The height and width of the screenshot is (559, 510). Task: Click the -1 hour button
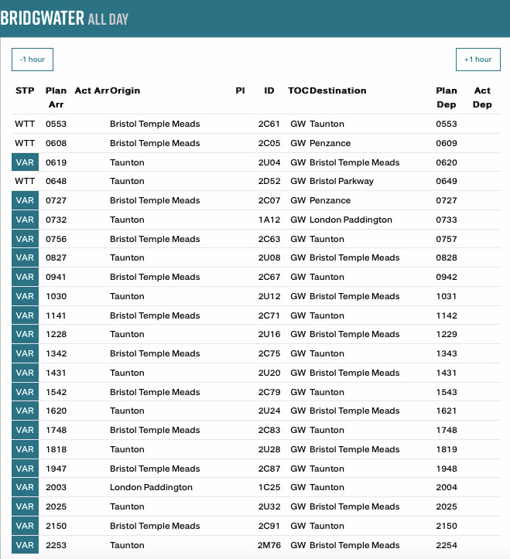[33, 60]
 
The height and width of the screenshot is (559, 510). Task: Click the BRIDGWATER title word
[42, 19]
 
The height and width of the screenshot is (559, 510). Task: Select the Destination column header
[337, 91]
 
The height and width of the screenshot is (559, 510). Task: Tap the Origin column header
[125, 91]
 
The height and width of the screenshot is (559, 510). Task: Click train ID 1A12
[269, 220]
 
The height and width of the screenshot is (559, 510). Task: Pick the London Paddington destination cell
[351, 220]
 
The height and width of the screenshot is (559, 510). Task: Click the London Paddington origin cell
[151, 487]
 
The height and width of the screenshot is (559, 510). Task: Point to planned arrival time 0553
[56, 124]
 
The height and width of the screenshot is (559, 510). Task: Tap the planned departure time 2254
[447, 545]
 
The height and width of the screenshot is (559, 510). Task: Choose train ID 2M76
[269, 545]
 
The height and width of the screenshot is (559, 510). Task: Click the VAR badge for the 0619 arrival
[25, 162]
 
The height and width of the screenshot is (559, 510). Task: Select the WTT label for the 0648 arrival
[25, 181]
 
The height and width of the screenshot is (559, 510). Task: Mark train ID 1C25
[269, 487]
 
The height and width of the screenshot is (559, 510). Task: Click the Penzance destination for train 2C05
[330, 143]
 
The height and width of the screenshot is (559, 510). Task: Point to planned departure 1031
[447, 296]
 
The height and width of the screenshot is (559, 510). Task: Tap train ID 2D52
[269, 181]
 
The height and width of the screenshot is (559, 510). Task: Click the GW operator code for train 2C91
[298, 526]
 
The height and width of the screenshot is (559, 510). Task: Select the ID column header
[269, 91]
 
